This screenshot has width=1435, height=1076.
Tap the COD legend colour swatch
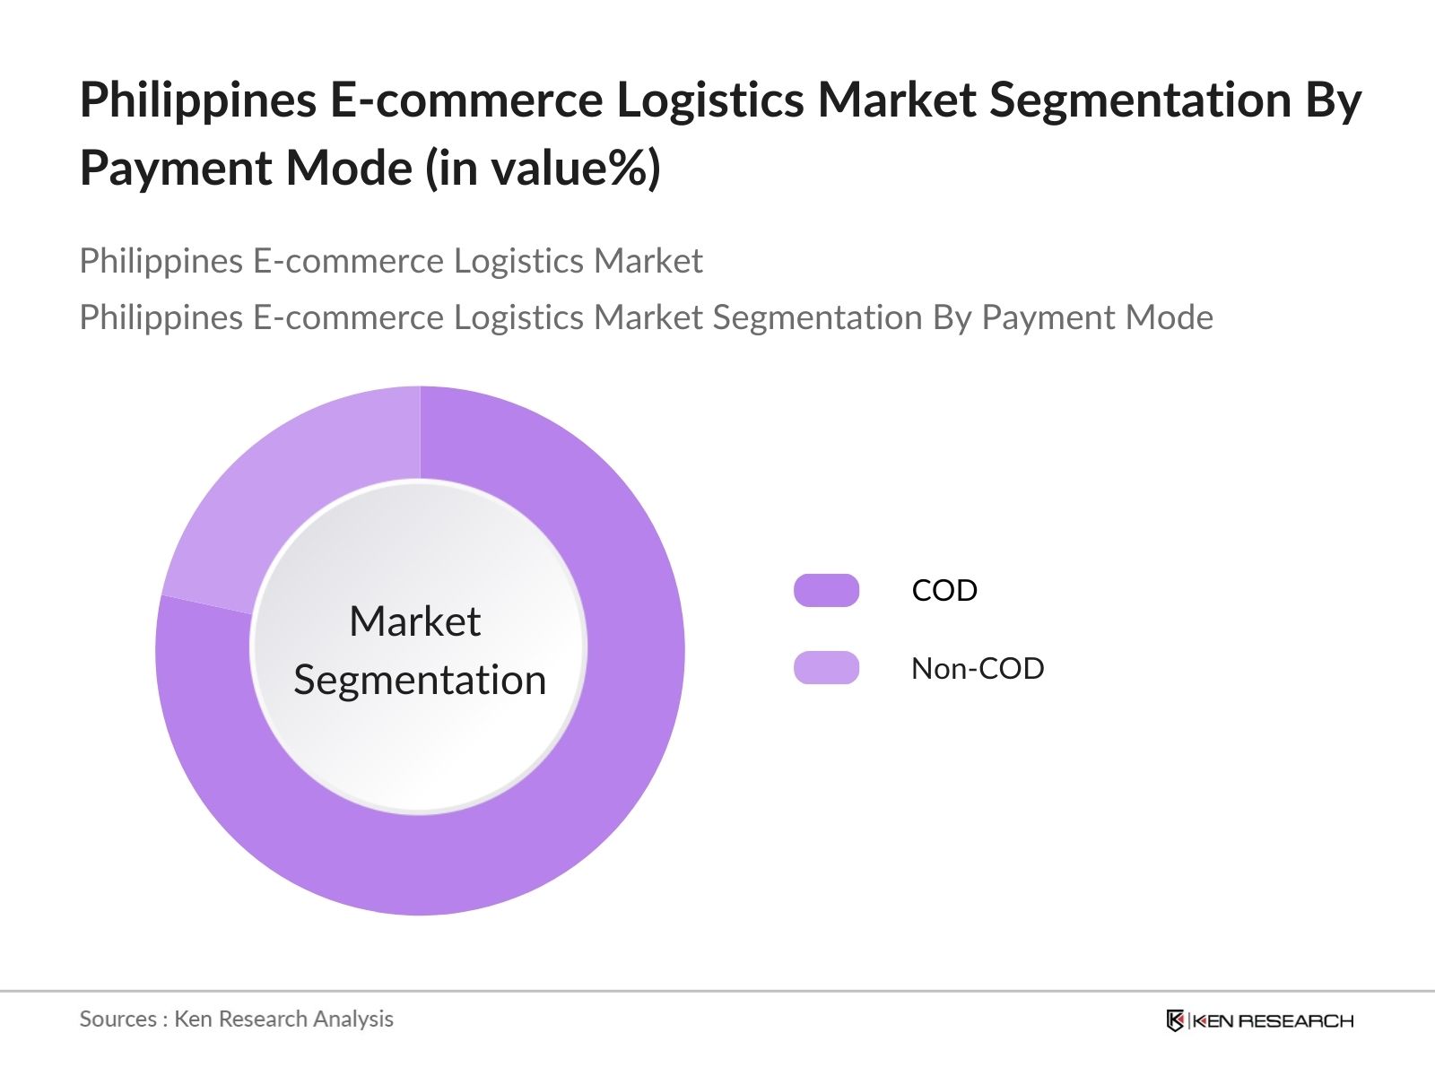826,591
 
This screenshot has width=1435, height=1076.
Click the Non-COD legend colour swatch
826,668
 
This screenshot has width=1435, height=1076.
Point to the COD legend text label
944,591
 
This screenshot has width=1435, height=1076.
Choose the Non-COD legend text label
978,668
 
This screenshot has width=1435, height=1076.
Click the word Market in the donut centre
415,621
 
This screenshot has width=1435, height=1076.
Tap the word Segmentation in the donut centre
420,681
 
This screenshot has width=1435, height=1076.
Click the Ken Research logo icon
1175,1020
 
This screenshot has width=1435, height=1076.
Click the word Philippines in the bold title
198,102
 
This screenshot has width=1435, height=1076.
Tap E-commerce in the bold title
466,100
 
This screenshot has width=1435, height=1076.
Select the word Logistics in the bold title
710,102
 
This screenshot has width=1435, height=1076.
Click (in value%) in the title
543,169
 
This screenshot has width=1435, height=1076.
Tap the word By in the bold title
1334,102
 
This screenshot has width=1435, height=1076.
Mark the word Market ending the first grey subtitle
648,261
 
